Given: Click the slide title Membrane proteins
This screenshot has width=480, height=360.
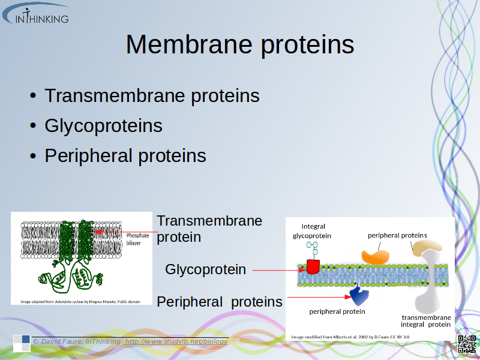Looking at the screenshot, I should [239, 45].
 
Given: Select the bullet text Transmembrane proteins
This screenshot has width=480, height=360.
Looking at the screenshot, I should [152, 95].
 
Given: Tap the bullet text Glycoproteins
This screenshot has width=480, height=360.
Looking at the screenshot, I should [103, 125].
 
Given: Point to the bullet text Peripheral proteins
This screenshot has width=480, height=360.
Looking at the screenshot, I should [125, 156].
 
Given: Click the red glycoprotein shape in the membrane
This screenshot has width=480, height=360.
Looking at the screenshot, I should [313, 266].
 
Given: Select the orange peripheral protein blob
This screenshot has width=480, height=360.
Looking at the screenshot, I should [374, 256].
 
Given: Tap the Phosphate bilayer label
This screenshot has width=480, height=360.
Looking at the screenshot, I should [137, 239].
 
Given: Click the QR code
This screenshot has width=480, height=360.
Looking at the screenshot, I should [467, 344].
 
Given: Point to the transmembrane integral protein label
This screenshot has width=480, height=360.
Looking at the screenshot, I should [426, 320].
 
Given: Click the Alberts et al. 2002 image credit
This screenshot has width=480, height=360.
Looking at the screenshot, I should [351, 337].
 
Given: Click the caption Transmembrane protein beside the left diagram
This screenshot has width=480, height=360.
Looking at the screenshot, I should [209, 229].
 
